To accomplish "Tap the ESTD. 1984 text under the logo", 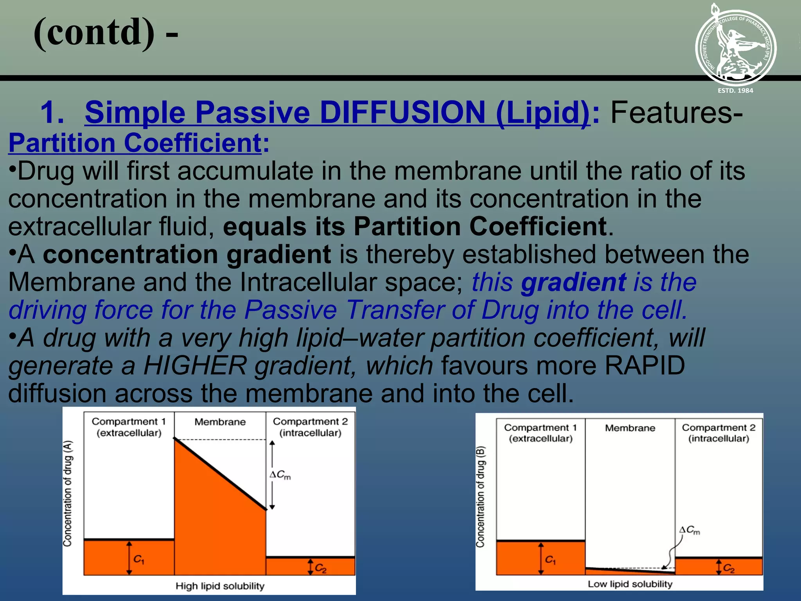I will point(735,90).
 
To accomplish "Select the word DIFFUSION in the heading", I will point(402,113).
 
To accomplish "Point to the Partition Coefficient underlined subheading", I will point(135,143).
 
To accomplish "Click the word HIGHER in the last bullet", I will point(195,365).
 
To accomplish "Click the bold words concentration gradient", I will point(187,254).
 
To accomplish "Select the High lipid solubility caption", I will point(220,586).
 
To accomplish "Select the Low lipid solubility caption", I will point(630,584).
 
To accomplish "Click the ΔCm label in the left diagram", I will point(280,475).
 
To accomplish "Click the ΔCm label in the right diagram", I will point(690,530).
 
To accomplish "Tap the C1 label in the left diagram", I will point(138,560).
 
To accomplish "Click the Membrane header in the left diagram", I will point(220,422).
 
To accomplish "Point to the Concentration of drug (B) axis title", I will point(480,497).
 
